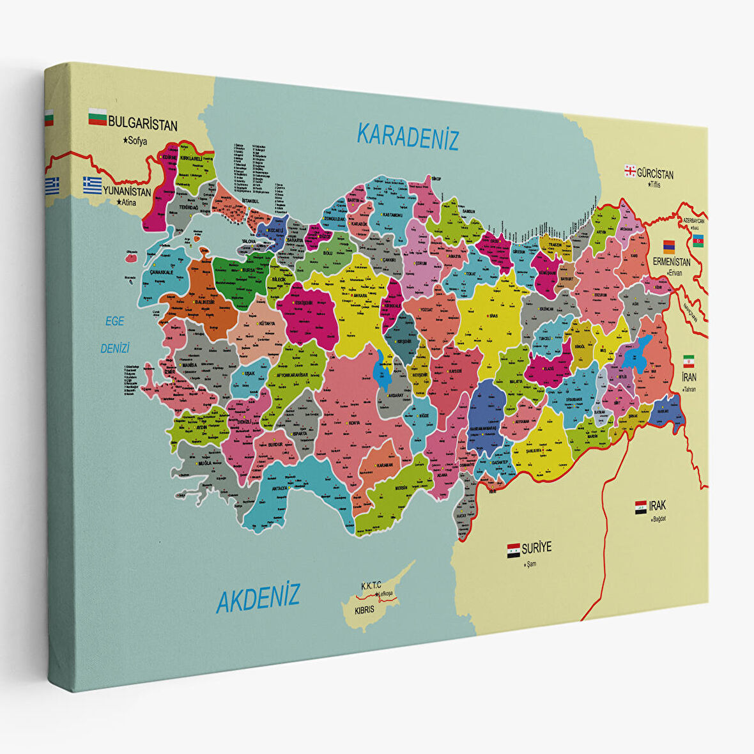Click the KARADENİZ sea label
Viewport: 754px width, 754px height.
tap(408, 136)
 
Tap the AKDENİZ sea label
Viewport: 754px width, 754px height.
tap(258, 599)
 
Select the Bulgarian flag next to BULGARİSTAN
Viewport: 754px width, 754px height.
tap(97, 118)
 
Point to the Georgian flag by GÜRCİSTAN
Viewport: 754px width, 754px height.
tap(629, 171)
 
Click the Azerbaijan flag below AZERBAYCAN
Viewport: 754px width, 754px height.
tap(698, 240)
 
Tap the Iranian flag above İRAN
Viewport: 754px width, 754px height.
tap(689, 360)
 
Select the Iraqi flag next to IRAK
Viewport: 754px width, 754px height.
tap(641, 508)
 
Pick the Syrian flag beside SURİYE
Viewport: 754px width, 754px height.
tap(513, 550)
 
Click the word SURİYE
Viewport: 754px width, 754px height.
tap(536, 548)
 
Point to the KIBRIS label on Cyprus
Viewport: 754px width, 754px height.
tap(364, 610)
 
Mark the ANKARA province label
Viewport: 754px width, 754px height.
tap(360, 296)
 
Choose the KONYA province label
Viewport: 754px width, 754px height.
tap(353, 423)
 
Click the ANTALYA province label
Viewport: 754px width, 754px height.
tap(279, 488)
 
